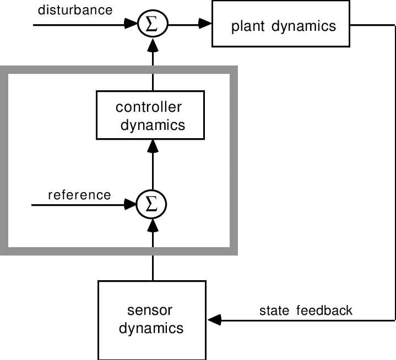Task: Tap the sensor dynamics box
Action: pos(152,319)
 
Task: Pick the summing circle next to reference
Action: pos(153,205)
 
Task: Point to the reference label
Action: pos(79,195)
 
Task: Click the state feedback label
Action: pos(306,310)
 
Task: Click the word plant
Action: pos(249,26)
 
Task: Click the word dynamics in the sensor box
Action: pos(152,329)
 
